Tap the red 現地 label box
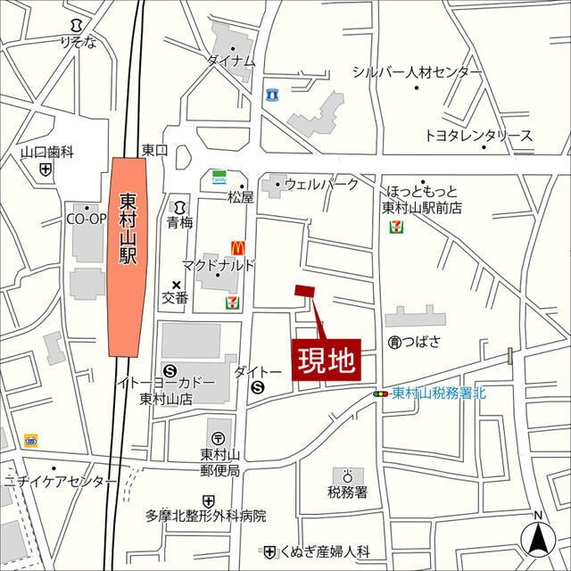tap(327, 361)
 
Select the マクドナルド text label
tap(219, 265)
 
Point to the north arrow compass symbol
tap(538, 537)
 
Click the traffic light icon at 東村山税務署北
tap(381, 393)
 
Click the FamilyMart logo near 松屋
tap(218, 178)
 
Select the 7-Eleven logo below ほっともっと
tap(394, 227)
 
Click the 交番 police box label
tap(175, 298)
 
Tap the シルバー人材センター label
tap(417, 72)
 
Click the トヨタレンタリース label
tap(478, 136)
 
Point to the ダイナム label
tap(231, 62)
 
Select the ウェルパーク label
tap(321, 185)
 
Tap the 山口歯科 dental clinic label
tap(46, 153)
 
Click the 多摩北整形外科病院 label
tap(206, 516)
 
